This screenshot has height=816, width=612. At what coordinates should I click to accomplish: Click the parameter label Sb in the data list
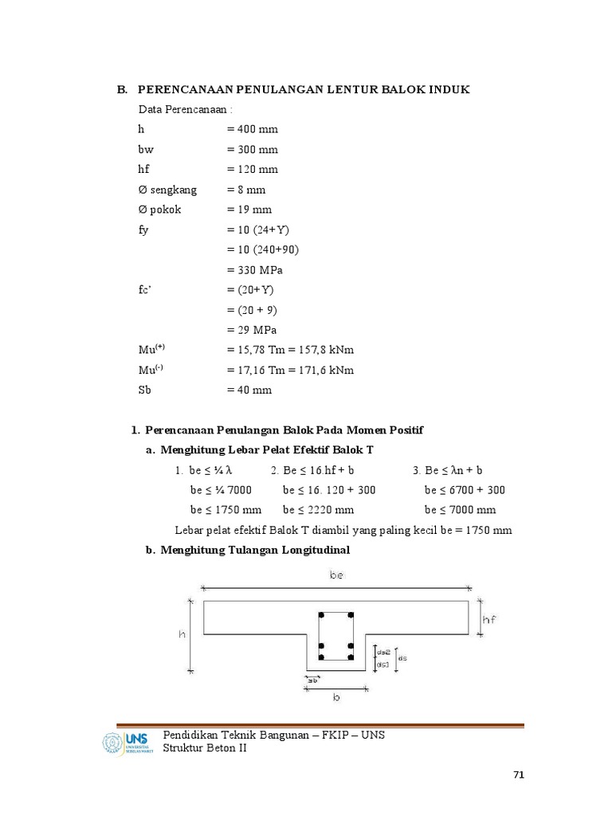[x=145, y=390]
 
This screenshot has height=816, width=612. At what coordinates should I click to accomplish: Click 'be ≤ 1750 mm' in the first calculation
[x=226, y=510]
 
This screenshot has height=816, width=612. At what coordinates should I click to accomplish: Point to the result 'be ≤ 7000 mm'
[x=461, y=510]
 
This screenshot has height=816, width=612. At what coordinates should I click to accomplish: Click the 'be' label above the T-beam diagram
[x=336, y=574]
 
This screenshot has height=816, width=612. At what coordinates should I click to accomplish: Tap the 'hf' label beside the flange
[x=489, y=619]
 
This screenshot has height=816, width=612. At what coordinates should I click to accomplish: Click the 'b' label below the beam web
[x=336, y=696]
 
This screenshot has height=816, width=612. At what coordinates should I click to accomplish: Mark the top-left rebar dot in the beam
[x=321, y=616]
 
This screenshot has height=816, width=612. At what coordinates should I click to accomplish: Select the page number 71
[x=520, y=775]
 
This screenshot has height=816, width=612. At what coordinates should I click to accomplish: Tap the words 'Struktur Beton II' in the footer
[x=205, y=747]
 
